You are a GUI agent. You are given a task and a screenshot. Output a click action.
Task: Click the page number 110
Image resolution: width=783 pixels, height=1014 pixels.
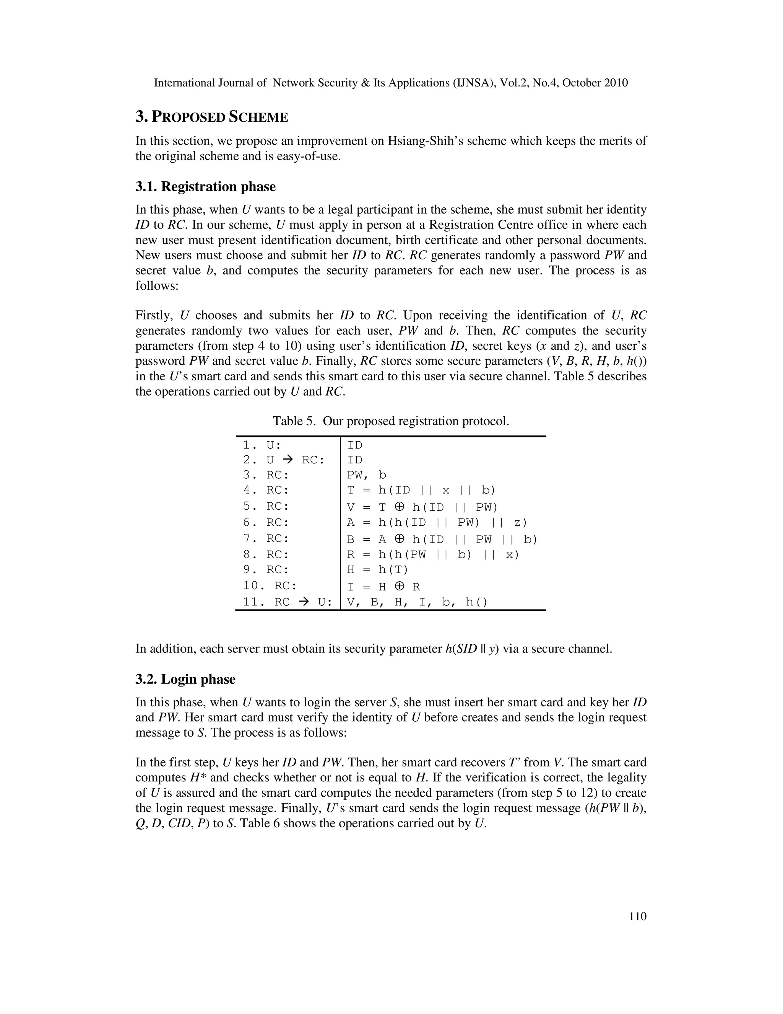(638, 916)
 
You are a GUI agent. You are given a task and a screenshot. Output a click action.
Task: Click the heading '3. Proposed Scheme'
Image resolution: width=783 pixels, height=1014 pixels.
(211, 117)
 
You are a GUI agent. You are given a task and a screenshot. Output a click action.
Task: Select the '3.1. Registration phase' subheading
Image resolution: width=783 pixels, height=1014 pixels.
(205, 187)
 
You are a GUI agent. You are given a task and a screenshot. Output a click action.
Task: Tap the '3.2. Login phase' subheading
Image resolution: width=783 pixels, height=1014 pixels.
(185, 679)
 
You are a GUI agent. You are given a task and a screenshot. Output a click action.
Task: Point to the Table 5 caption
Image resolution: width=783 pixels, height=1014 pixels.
(391, 421)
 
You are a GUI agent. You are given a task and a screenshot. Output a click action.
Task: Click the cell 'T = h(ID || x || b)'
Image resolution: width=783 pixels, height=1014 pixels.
(421, 490)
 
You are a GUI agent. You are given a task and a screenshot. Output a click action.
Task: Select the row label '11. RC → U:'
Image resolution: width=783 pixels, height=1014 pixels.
(288, 602)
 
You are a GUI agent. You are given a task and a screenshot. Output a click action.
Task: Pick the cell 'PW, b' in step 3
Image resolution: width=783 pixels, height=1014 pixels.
(366, 475)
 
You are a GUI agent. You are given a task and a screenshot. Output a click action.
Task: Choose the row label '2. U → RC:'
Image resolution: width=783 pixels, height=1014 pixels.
(283, 460)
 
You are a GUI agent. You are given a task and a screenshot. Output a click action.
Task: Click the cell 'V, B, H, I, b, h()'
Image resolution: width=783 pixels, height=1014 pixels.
(417, 602)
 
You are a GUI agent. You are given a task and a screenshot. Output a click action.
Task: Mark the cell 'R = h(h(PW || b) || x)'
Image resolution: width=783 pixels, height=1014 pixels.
(433, 555)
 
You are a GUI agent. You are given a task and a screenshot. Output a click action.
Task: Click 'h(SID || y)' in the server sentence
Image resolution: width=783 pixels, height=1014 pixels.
(472, 649)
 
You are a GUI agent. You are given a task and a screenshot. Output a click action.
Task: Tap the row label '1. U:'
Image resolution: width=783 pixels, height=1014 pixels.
(262, 445)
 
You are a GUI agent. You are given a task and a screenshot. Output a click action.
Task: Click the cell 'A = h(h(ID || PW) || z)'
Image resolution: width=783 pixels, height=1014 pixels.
(437, 523)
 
